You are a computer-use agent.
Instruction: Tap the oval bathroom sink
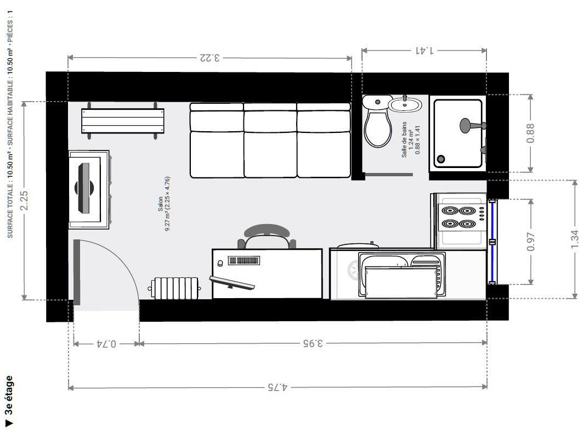point(405,104)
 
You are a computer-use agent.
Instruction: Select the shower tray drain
point(441,159)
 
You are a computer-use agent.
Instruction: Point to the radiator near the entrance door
point(175,288)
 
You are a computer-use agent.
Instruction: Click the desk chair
point(267,237)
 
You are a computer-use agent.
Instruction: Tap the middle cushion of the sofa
point(270,141)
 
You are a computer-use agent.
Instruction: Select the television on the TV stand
point(84,188)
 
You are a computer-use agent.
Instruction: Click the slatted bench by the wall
point(123,121)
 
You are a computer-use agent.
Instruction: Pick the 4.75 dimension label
point(278,387)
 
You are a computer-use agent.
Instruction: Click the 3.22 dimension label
point(210,58)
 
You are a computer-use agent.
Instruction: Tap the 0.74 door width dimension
point(107,343)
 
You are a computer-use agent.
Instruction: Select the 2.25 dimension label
point(24,200)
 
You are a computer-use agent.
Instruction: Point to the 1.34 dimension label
point(575,239)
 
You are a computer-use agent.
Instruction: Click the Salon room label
point(160,204)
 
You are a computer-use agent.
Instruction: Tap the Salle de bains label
point(404,139)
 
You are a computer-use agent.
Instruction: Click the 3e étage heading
point(9,395)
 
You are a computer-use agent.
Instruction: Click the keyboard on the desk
point(244,261)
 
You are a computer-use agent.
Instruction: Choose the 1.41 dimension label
point(424,51)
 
